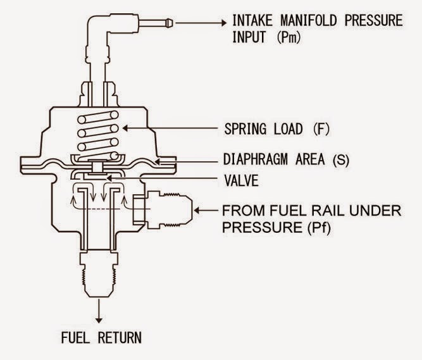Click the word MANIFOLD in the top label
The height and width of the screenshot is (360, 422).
(x=308, y=20)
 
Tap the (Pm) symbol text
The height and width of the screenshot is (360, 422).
(x=289, y=37)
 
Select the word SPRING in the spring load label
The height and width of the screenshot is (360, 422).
(x=245, y=129)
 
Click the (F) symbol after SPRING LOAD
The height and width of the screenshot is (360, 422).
(x=321, y=129)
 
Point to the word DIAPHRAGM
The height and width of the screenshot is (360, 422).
(x=256, y=159)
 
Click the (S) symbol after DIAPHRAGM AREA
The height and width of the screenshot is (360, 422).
(x=341, y=160)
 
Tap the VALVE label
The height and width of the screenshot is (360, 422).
(x=242, y=180)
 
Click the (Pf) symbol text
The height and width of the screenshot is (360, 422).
(x=318, y=228)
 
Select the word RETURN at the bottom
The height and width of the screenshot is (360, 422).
(x=120, y=337)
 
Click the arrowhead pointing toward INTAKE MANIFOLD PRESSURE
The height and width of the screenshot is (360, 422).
(x=224, y=23)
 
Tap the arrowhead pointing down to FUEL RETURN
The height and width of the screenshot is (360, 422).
(x=99, y=320)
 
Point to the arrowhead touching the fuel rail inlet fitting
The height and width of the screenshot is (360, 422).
(x=197, y=211)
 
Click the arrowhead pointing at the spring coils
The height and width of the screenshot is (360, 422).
(x=125, y=128)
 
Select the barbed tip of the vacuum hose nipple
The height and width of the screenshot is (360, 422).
(x=169, y=23)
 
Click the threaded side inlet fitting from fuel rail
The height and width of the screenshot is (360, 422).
(x=168, y=210)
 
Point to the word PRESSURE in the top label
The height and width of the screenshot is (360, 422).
(x=373, y=20)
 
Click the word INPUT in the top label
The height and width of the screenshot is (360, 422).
(x=249, y=37)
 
